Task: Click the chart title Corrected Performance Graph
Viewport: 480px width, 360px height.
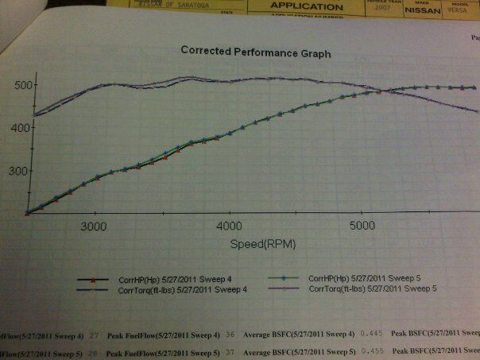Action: click(255, 51)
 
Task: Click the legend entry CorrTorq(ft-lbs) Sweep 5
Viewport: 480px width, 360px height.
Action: click(372, 289)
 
